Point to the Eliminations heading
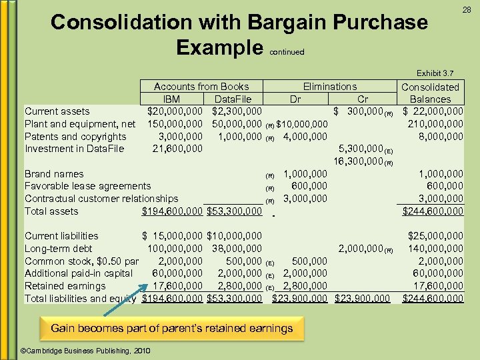click(330, 87)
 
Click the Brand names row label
click(54, 174)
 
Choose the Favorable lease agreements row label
click(87, 187)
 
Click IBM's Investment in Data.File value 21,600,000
click(177, 149)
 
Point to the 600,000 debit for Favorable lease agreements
click(310, 187)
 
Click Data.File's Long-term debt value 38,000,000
click(236, 249)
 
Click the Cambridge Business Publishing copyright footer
click(86, 351)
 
